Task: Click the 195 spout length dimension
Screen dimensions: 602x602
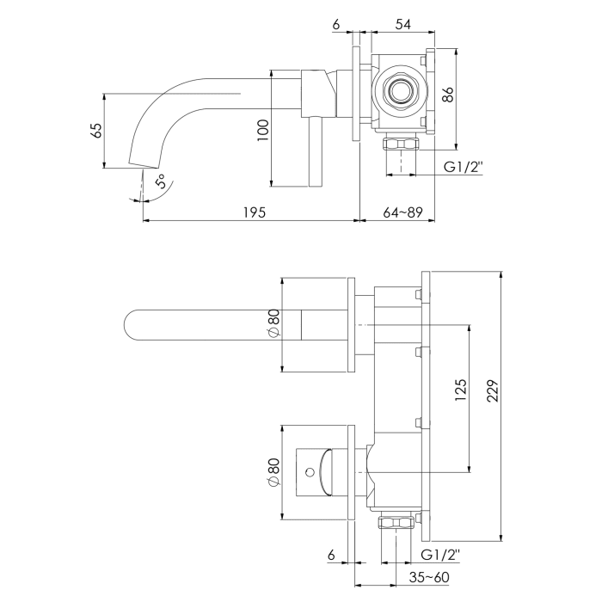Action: point(252,212)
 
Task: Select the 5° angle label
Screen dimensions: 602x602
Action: point(161,182)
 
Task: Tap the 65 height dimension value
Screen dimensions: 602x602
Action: point(96,131)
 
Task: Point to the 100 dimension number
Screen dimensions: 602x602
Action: point(264,129)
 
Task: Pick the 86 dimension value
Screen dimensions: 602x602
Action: point(447,95)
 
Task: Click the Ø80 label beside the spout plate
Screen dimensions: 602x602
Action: point(273,325)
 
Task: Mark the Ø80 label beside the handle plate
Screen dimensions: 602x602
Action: point(273,472)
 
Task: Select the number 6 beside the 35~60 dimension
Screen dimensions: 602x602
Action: point(332,555)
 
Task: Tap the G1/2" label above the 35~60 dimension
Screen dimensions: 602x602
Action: point(440,555)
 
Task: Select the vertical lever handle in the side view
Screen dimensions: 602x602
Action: point(315,155)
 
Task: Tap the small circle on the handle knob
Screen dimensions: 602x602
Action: point(306,472)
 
